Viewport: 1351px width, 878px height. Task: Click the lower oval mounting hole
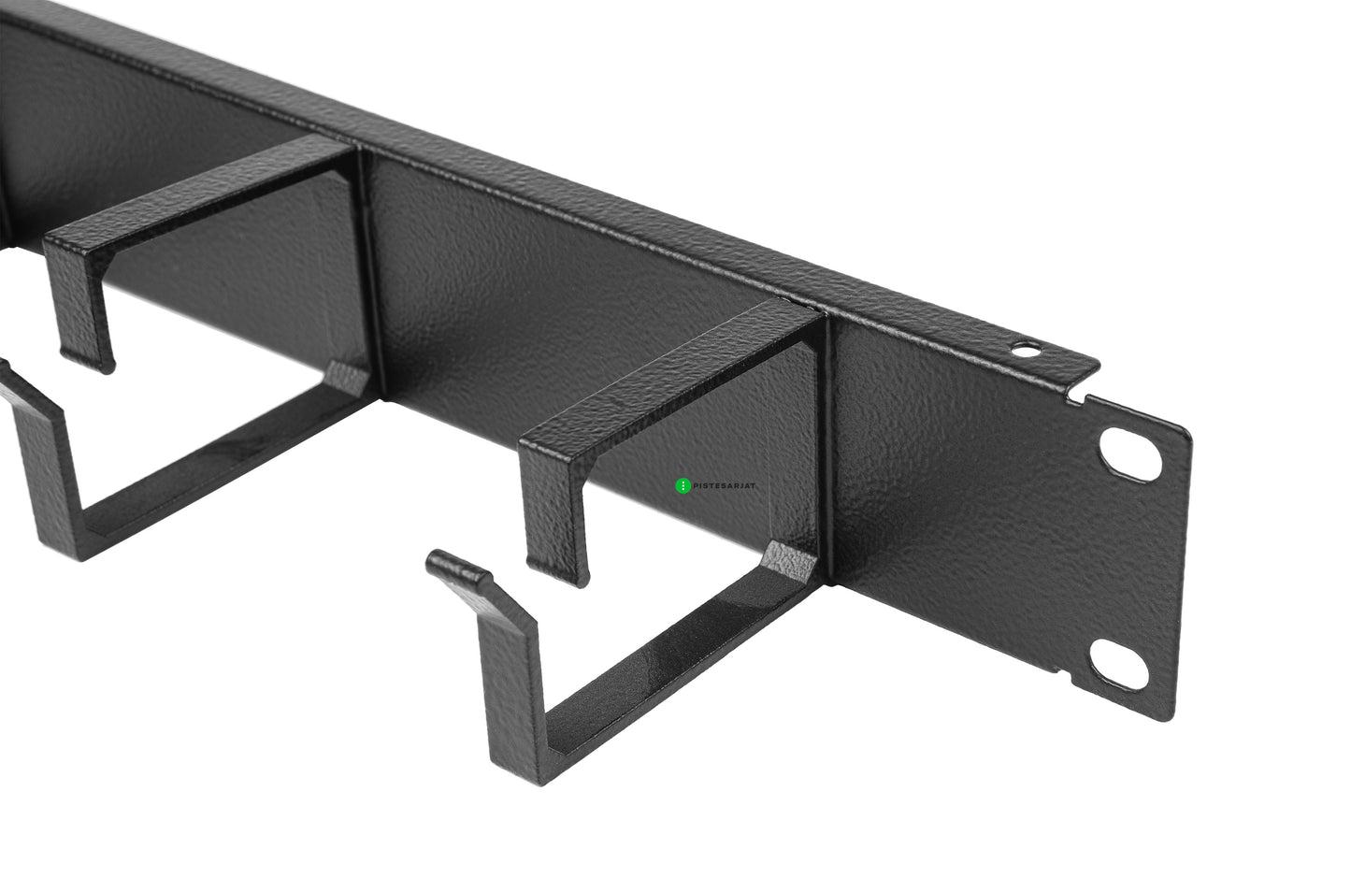1119,664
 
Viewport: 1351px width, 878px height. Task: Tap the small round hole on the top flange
1026,349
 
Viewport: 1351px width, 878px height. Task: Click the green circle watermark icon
683,485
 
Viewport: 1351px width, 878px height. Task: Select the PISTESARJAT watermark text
724,485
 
